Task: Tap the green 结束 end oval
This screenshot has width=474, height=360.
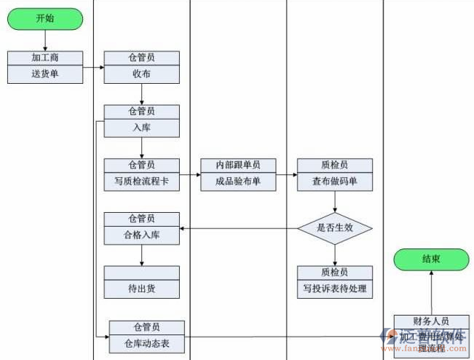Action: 431,259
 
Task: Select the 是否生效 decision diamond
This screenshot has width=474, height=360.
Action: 335,228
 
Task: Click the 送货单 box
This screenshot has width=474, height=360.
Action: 44,73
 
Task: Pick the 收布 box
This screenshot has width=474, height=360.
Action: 141,73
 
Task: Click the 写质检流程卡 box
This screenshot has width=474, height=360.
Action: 141,181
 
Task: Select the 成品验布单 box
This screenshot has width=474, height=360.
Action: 238,181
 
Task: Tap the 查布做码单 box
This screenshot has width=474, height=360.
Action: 335,181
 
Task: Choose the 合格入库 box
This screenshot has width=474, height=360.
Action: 141,235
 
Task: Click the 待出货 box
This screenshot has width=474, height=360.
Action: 141,289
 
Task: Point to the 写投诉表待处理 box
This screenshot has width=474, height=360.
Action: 335,289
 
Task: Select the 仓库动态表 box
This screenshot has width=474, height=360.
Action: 146,343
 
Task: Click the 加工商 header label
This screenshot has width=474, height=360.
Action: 44,57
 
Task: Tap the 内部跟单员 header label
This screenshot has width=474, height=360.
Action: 238,165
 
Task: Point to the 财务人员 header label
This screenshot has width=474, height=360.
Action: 431,321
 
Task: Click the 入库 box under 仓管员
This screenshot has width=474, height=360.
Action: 141,128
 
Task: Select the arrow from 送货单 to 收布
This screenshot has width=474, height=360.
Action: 92,68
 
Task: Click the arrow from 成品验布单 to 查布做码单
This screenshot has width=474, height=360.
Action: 286,175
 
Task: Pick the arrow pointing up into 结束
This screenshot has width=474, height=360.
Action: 431,291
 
